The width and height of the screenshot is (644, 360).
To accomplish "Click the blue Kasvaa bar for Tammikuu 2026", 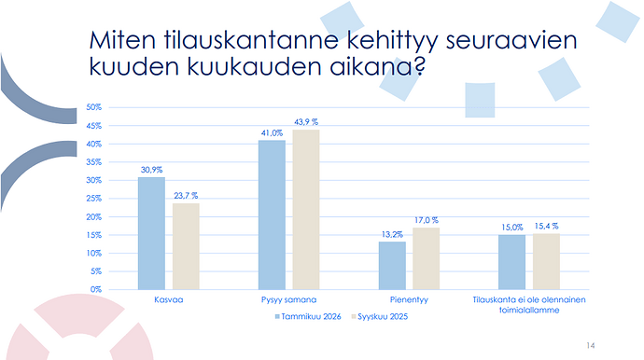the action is pyautogui.click(x=151, y=233).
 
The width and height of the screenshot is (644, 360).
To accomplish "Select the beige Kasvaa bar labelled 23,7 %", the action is pyautogui.click(x=186, y=247).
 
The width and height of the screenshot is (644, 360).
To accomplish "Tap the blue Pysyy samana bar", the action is pyautogui.click(x=272, y=215).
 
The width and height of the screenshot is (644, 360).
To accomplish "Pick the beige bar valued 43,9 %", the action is pyautogui.click(x=306, y=210).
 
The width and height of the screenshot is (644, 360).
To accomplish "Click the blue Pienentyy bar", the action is pyautogui.click(x=392, y=266).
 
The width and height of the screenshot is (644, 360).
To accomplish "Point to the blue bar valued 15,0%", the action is pyautogui.click(x=511, y=262).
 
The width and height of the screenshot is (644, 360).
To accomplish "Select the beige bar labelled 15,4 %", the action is pyautogui.click(x=546, y=261).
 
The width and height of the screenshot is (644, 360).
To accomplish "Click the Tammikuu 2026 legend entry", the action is pyautogui.click(x=308, y=316).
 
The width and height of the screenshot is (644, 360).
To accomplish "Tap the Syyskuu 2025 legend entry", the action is pyautogui.click(x=380, y=316).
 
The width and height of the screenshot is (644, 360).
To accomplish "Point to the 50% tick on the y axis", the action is pyautogui.click(x=93, y=107).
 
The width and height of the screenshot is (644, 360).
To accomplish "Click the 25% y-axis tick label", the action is pyautogui.click(x=93, y=199).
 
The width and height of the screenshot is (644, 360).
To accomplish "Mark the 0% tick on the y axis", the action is pyautogui.click(x=96, y=289).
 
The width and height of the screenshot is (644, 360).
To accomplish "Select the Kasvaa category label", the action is pyautogui.click(x=168, y=299).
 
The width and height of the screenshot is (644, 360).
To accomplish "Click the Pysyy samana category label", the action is pyautogui.click(x=288, y=299).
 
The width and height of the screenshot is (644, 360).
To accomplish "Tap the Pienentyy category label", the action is pyautogui.click(x=409, y=299).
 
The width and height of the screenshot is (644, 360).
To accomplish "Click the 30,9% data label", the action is pyautogui.click(x=151, y=170).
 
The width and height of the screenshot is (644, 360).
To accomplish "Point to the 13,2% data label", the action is pyautogui.click(x=392, y=234).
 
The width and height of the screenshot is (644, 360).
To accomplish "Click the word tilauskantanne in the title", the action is pyautogui.click(x=251, y=40).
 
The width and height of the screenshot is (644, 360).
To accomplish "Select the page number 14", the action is pyautogui.click(x=591, y=346).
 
